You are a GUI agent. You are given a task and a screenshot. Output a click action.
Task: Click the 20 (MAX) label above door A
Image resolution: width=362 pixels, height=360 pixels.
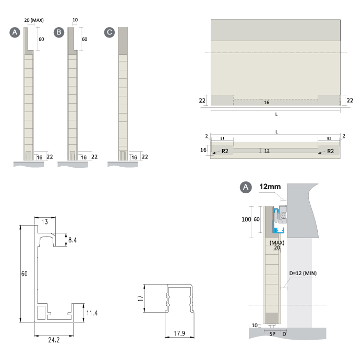tap(34, 20)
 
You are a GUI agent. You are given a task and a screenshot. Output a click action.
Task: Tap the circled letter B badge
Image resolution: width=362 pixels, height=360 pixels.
tap(59, 32)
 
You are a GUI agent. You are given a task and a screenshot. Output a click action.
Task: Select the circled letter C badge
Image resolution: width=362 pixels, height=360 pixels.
tap(110, 32)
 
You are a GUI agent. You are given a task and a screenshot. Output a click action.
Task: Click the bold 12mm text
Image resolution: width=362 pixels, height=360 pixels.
tap(270, 187)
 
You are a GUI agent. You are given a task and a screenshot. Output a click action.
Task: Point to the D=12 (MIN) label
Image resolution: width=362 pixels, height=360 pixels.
tap(303, 274)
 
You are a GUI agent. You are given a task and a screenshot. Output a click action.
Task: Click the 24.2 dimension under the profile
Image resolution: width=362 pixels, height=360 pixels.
tap(54, 340)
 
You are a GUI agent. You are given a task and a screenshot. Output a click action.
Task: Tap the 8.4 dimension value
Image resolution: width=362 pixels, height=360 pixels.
tap(73, 240)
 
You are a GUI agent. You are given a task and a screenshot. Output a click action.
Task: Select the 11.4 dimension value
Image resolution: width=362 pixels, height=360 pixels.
tap(92, 313)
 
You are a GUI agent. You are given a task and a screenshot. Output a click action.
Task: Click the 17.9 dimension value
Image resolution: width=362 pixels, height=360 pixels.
tap(179, 333)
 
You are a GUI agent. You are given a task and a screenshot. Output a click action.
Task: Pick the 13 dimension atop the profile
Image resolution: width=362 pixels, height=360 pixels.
tap(45, 222)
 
